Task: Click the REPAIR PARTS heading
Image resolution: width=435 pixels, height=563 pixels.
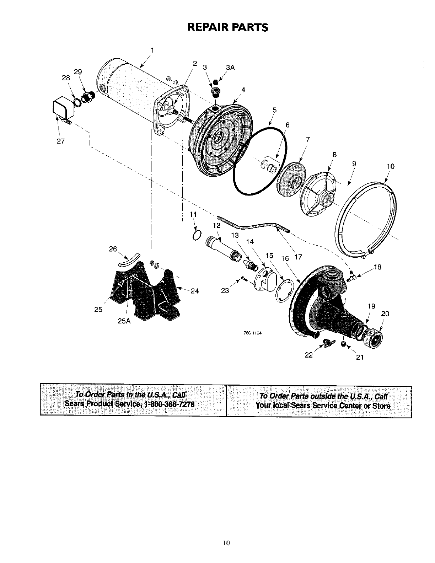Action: (x=228, y=27)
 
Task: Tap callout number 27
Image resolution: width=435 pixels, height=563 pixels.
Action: (x=60, y=141)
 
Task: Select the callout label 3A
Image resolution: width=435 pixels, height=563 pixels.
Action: (x=230, y=68)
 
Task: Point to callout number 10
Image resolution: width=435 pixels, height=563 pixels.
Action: (x=391, y=166)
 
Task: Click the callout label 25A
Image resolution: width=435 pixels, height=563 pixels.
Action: (x=124, y=321)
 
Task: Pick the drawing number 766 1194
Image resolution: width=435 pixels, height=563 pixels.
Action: (x=252, y=333)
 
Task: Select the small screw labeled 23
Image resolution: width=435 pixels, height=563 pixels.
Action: (x=244, y=279)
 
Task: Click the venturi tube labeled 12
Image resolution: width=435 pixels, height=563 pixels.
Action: (x=224, y=249)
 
